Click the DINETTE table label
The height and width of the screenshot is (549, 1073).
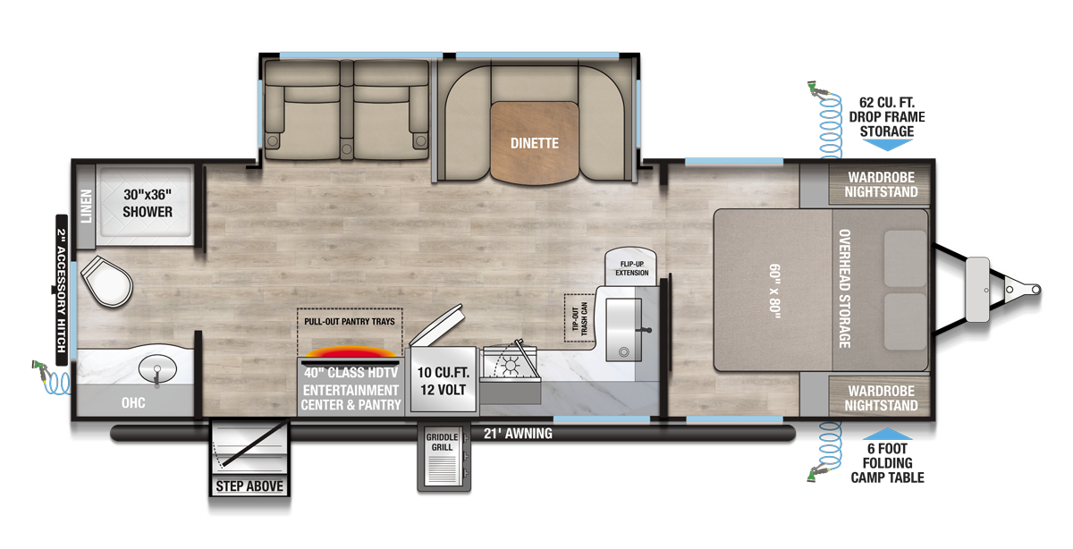[535, 143]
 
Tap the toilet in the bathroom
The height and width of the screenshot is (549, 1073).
[106, 283]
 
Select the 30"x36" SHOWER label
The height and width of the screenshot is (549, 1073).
[148, 204]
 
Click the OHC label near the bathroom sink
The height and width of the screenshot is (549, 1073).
[134, 403]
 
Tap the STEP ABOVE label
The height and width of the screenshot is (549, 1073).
[249, 486]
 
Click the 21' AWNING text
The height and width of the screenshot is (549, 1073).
[518, 434]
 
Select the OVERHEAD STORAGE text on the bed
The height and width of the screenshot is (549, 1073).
[845, 288]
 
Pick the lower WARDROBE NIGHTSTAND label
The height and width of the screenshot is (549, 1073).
[882, 398]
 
